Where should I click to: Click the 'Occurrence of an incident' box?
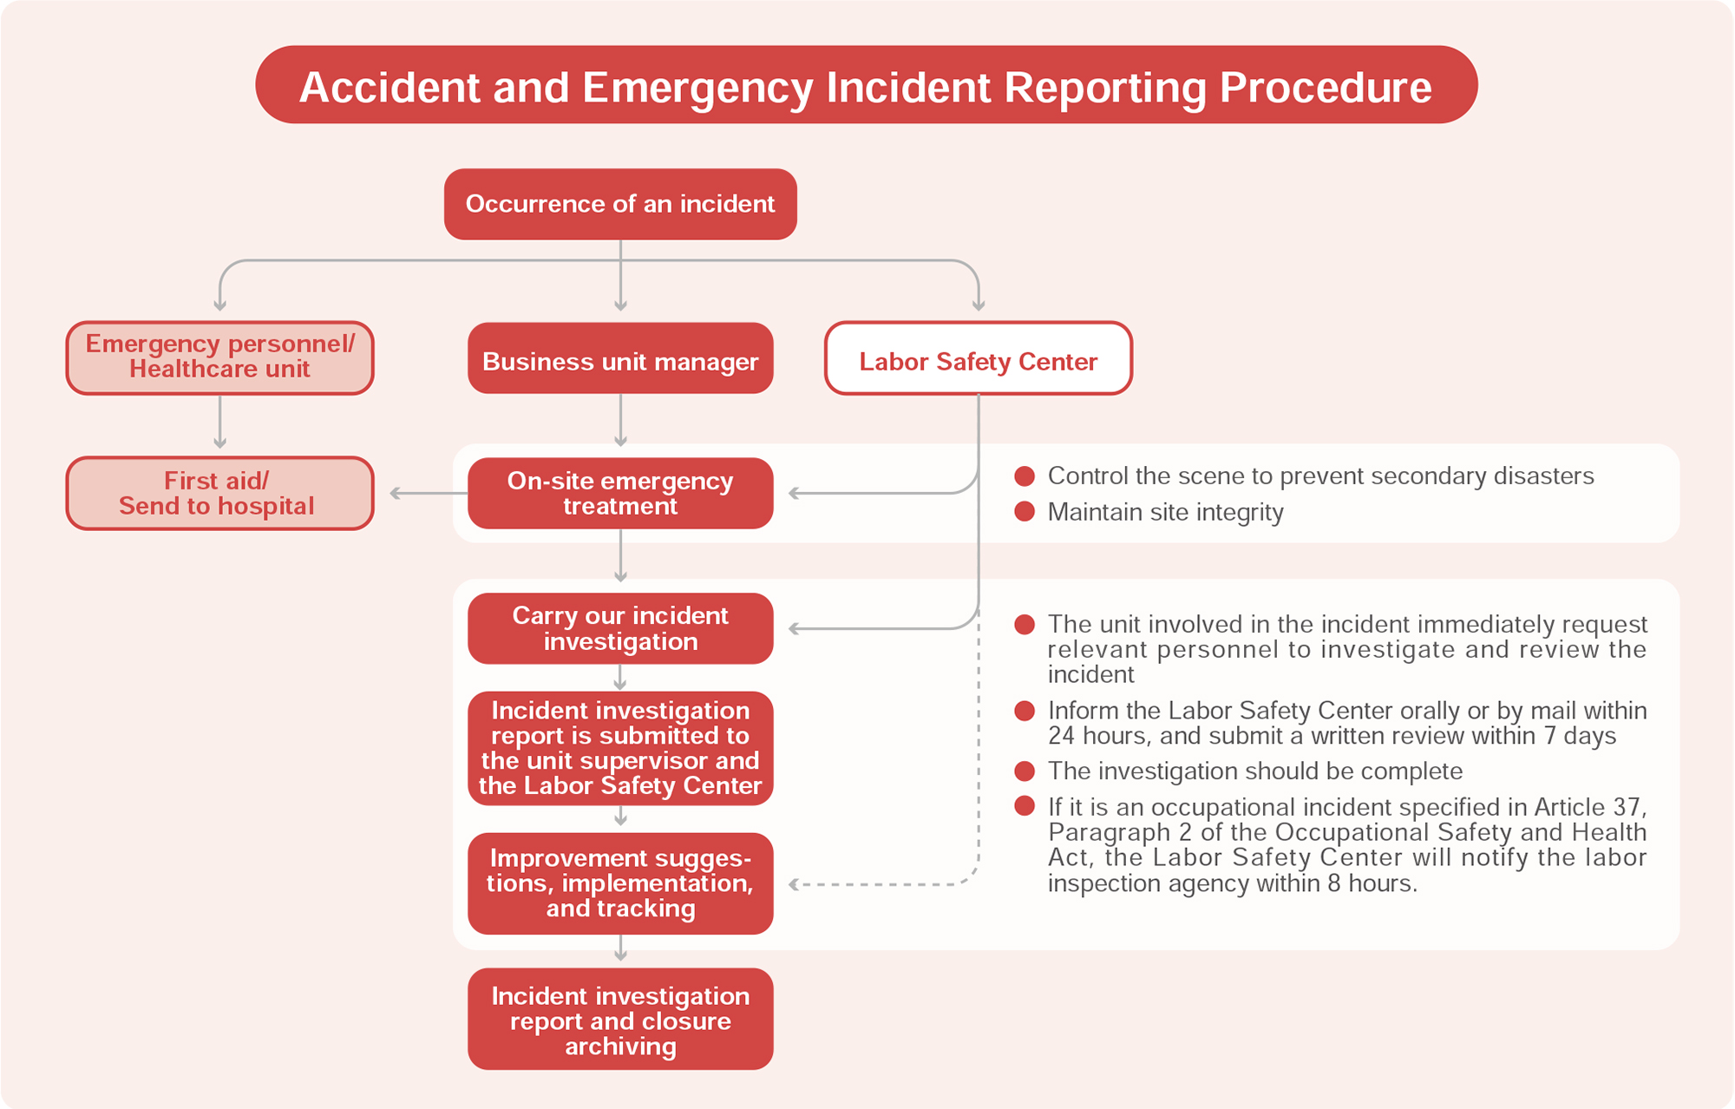coord(620,204)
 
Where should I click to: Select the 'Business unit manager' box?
coord(620,358)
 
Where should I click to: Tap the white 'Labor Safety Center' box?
coord(978,358)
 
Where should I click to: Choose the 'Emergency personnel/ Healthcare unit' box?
coord(219,358)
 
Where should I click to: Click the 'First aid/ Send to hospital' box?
coord(219,493)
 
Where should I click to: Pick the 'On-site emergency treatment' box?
coord(620,493)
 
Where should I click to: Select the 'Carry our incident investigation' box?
coord(620,628)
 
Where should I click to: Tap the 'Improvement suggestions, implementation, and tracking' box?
coord(620,883)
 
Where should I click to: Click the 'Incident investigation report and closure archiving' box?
coord(620,1020)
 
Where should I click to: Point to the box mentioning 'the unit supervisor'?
coord(620,748)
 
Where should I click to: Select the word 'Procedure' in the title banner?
coord(1326,87)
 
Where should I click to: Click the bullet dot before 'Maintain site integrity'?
coord(1025,511)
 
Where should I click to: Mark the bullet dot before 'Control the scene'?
coord(1025,476)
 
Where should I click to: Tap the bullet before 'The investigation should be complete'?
coord(1025,771)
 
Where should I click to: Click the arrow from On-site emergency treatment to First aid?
coord(425,493)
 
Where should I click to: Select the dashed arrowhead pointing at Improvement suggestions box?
coord(794,884)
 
